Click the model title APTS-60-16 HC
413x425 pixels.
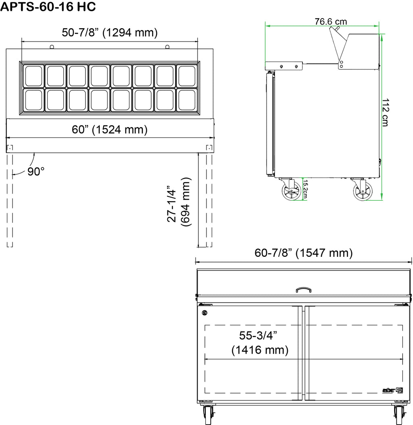pyautogui.click(x=48, y=7)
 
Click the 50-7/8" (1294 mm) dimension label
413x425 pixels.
pyautogui.click(x=110, y=33)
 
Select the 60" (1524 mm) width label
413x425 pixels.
pyautogui.click(x=110, y=129)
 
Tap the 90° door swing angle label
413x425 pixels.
pyautogui.click(x=36, y=171)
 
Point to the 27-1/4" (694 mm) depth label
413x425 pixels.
pyautogui.click(x=179, y=202)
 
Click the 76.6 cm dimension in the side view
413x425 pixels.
pyautogui.click(x=331, y=21)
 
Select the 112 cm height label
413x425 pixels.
pyautogui.click(x=385, y=112)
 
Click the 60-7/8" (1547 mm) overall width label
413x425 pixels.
pyautogui.click(x=303, y=253)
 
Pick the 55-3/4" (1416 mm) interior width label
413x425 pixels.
pyautogui.click(x=259, y=343)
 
